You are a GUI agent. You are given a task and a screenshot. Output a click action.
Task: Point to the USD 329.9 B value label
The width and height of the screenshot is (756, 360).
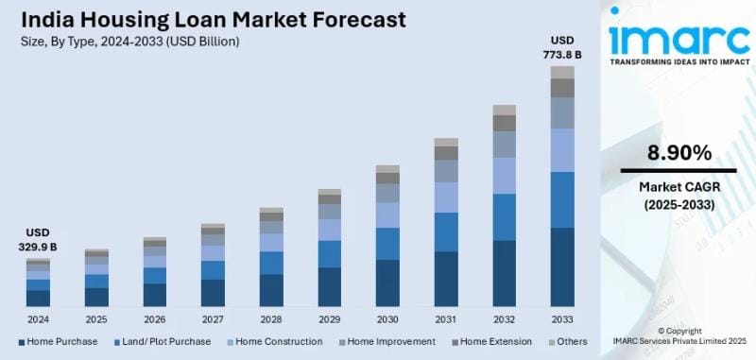[38, 239]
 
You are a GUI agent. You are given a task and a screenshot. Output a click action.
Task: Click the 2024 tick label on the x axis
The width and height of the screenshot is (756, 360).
[38, 317]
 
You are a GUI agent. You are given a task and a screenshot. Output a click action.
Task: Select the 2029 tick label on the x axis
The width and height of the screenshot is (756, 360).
[329, 317]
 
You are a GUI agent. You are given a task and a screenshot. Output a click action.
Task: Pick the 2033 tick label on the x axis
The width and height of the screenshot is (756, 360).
[562, 317]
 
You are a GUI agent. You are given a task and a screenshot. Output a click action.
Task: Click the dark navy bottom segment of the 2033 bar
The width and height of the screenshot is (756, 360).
[562, 266]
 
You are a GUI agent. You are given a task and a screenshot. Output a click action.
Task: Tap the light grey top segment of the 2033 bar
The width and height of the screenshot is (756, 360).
[562, 72]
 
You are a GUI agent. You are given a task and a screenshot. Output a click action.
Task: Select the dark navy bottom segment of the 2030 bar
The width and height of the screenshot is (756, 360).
[387, 283]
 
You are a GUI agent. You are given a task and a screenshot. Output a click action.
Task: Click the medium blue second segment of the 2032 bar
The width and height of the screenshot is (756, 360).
[505, 216]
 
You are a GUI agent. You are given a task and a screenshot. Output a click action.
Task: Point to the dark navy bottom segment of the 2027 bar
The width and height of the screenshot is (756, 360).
[213, 292]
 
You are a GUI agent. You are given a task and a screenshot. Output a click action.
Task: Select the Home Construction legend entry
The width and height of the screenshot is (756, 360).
[273, 341]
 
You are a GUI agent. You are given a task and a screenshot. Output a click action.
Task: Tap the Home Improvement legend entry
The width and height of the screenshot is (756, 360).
[387, 341]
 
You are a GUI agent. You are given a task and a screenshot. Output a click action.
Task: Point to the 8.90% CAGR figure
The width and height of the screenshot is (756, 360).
[679, 153]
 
